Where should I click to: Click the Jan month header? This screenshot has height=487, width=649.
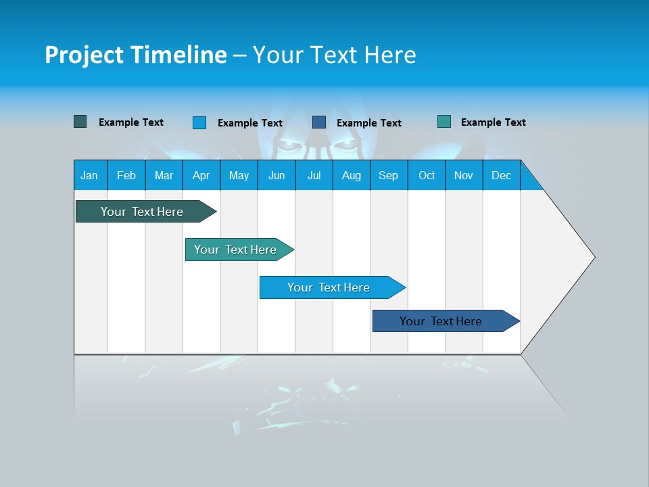(x=90, y=175)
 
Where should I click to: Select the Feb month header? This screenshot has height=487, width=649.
(x=126, y=175)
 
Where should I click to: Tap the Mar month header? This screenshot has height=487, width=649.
(x=164, y=175)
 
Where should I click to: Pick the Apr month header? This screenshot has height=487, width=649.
(x=201, y=175)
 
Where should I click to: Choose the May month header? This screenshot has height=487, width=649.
(x=239, y=175)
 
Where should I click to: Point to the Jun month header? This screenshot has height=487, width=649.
(x=277, y=175)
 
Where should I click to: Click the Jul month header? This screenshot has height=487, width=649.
(x=314, y=175)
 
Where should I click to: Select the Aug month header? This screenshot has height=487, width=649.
(x=352, y=175)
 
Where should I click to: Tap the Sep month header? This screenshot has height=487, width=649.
(x=389, y=175)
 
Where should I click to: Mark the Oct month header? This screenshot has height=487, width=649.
(x=427, y=175)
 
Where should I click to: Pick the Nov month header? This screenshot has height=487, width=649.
(x=464, y=175)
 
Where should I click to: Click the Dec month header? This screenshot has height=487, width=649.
(x=502, y=175)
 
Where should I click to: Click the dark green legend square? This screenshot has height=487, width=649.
(x=80, y=122)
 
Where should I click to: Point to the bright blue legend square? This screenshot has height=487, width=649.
(x=199, y=122)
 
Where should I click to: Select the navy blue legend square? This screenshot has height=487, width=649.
(x=319, y=122)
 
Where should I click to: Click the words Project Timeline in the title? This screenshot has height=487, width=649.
(x=136, y=55)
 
